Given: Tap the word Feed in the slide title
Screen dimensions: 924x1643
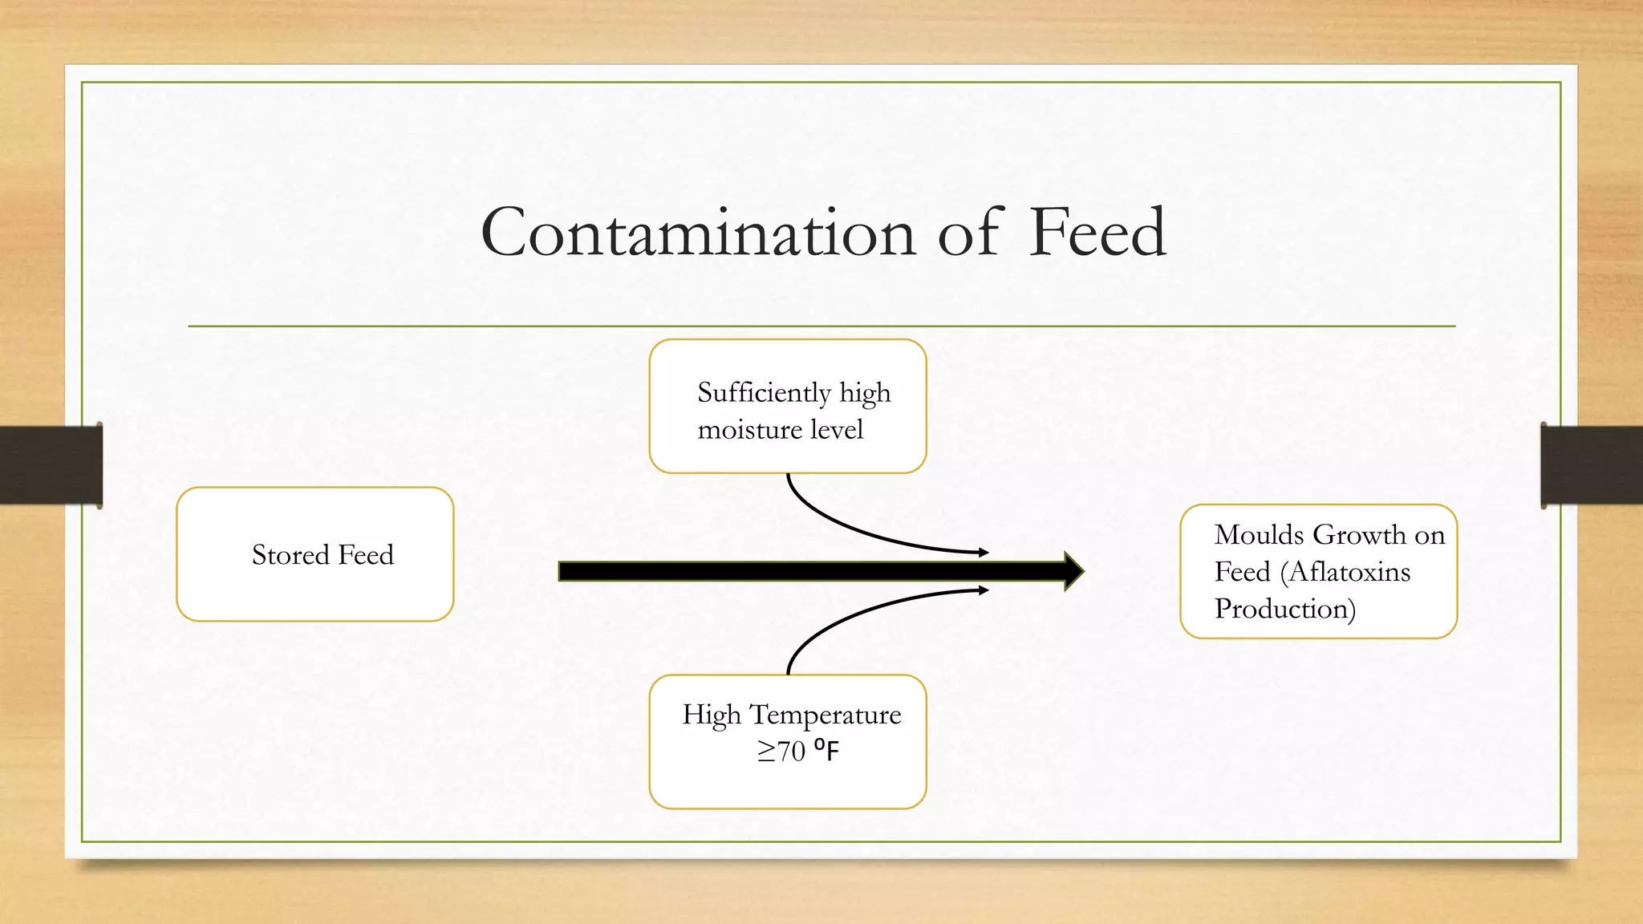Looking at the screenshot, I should pyautogui.click(x=1097, y=233).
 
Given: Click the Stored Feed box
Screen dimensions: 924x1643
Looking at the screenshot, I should pyautogui.click(x=315, y=554).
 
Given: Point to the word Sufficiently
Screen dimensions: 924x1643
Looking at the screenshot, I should pyautogui.click(x=764, y=392).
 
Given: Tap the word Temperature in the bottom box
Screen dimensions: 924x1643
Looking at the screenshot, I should pyautogui.click(x=825, y=714).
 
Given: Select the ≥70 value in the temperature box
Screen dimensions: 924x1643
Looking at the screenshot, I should pyautogui.click(x=781, y=752).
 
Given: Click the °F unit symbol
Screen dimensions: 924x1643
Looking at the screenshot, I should pyautogui.click(x=826, y=751).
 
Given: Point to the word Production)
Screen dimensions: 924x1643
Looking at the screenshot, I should pyautogui.click(x=1285, y=609).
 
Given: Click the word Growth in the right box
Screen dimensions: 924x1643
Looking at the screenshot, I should pyautogui.click(x=1360, y=534).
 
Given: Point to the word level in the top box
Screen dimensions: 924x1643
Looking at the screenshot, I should pyautogui.click(x=836, y=430).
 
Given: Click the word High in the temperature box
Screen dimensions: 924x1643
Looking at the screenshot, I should pyautogui.click(x=711, y=714).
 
